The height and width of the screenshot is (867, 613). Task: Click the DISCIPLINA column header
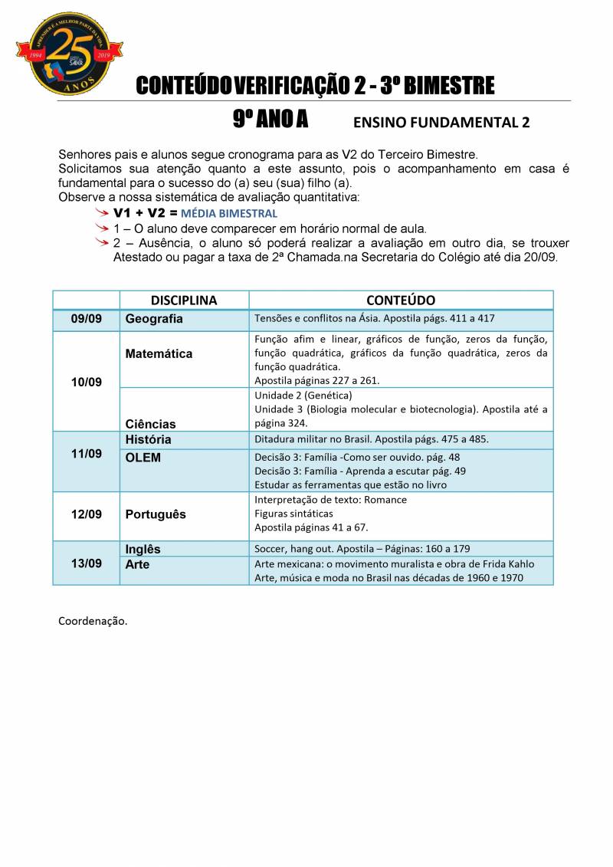point(184,300)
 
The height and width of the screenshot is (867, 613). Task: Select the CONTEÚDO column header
point(400,300)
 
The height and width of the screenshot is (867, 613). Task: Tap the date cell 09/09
point(86,319)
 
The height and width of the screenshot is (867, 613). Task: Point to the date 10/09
point(86,381)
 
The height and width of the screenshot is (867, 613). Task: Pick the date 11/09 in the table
point(86,454)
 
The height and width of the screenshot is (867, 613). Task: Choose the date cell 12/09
point(86,514)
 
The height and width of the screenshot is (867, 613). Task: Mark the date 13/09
point(86,563)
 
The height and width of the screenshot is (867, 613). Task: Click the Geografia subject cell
point(154,319)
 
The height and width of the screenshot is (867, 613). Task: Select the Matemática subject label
point(159,354)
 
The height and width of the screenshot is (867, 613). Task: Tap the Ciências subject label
point(150,424)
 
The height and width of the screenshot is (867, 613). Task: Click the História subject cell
point(148,440)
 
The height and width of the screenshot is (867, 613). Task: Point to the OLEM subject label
point(143,458)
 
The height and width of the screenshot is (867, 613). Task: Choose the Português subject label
point(156,514)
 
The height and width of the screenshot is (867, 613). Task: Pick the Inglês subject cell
point(143,549)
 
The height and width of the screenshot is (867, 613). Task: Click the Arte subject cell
point(137,564)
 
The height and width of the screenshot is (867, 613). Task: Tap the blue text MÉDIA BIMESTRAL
point(229,214)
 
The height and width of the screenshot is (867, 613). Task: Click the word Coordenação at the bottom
point(93,620)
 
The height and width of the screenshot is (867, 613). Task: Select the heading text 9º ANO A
point(270,120)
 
